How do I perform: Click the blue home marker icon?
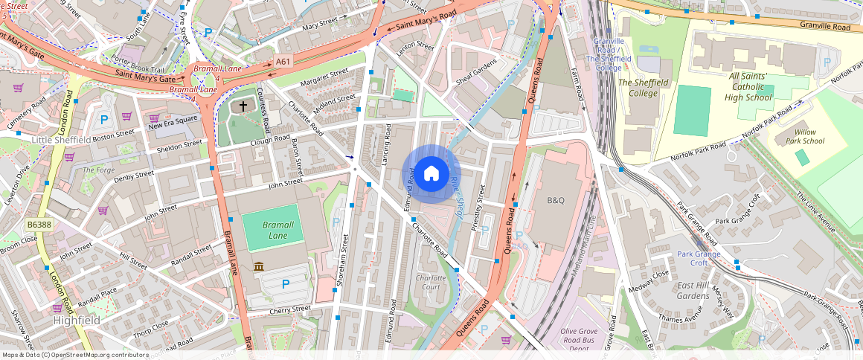431,174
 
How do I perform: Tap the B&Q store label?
556,200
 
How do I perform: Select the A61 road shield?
283,62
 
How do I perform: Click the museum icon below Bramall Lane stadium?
259,266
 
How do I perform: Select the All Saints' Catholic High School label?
751,86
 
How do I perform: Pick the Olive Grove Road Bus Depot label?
588,335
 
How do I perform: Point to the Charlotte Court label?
431,283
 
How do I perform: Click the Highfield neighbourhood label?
77,320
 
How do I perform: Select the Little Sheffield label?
61,139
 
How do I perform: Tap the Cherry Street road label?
290,309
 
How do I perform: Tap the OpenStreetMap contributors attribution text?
76,355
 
